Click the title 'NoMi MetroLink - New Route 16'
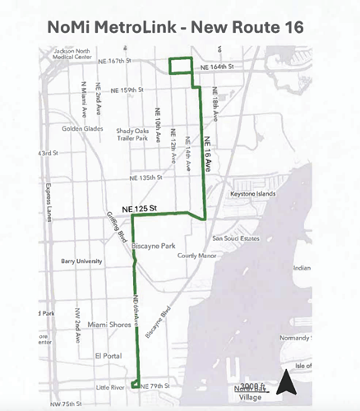(180, 26)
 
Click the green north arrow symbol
(284, 382)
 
